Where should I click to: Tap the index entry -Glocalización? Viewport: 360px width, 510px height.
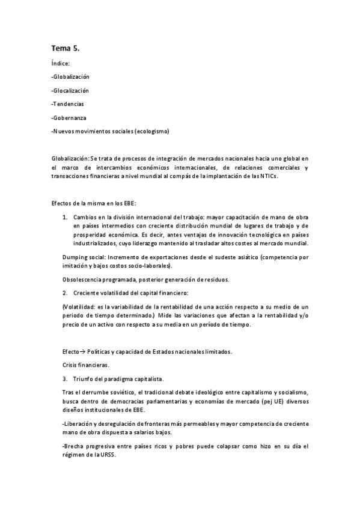click(x=70, y=90)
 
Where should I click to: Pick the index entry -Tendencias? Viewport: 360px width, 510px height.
click(x=67, y=104)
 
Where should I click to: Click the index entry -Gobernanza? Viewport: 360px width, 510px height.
click(x=69, y=118)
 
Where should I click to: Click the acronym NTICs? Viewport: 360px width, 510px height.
click(x=267, y=176)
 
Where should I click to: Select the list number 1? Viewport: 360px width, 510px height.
click(x=65, y=215)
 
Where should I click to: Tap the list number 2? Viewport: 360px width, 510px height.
click(x=65, y=293)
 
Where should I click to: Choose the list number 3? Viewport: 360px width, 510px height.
click(x=65, y=379)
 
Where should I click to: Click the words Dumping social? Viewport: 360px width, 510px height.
click(x=80, y=257)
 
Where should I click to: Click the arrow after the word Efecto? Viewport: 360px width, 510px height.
click(x=83, y=351)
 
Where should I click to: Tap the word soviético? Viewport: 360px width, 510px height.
click(x=122, y=393)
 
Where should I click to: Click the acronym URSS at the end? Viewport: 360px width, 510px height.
click(x=108, y=455)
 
